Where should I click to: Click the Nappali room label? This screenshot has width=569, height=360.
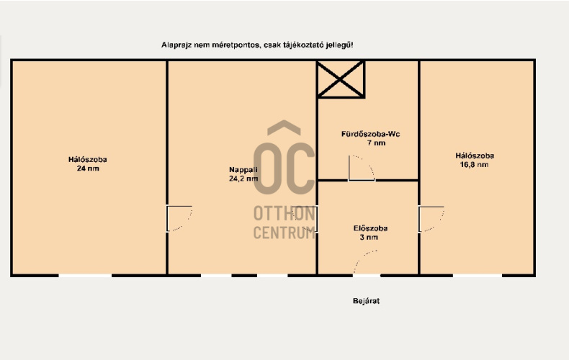point(243,169)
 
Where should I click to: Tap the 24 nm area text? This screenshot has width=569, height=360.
point(88,168)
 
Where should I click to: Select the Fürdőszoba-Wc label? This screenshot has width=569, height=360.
point(370,134)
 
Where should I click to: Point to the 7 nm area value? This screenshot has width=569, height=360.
point(376,143)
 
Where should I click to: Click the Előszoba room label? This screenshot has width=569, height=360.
point(370,228)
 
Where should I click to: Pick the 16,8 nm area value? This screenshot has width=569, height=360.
point(474,165)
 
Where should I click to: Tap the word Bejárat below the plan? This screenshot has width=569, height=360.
point(366,301)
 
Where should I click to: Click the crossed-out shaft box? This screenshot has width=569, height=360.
point(341,79)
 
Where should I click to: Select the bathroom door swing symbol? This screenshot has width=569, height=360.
point(362,168)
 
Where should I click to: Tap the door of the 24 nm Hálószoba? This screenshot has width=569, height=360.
point(179,218)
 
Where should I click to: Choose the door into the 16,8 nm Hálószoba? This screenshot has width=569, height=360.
point(431,219)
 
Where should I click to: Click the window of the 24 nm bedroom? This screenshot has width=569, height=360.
point(85,276)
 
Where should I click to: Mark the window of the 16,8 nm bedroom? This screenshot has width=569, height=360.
point(478,276)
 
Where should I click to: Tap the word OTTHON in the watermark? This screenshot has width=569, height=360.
point(284,213)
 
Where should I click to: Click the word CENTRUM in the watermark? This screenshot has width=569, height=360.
point(284,233)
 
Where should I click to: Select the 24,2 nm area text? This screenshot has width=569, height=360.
point(243,179)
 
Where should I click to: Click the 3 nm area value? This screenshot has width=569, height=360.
point(369,238)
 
